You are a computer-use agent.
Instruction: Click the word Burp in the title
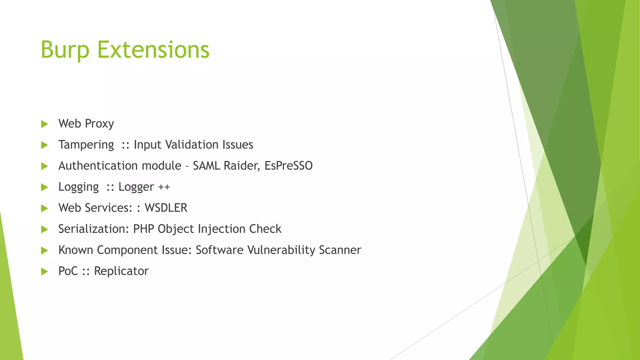coord(65,50)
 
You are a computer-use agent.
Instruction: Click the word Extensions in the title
coord(153,50)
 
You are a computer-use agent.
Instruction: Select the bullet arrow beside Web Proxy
coord(44,124)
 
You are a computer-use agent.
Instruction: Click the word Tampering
coord(86,145)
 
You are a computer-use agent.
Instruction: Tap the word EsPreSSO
coord(288,166)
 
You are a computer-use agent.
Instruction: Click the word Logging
coord(78,187)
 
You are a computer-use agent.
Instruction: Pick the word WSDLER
coord(166,208)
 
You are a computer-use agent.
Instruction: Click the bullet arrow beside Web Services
coord(44,208)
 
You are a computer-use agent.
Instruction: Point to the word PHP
coord(143,229)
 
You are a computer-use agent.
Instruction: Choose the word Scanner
coord(340,250)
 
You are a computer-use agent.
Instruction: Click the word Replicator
coord(121,271)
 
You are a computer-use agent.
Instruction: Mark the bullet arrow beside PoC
coord(44,271)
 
